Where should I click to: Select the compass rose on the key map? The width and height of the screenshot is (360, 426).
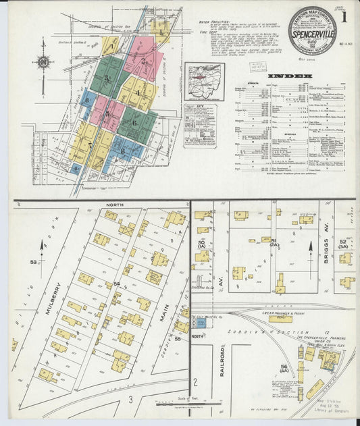point(43,62)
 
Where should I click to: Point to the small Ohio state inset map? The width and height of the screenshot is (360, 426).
point(204,82)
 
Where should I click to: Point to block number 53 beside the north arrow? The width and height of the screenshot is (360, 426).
point(32,261)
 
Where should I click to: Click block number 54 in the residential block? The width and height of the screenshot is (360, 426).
point(116,284)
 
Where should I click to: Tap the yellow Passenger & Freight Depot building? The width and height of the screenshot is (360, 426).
point(280,318)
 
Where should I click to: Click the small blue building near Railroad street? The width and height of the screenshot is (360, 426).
point(201,323)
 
